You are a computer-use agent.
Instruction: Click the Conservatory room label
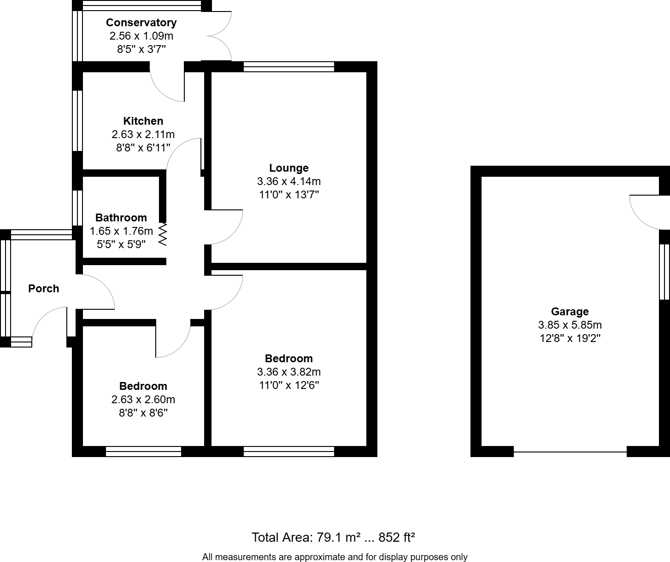point(141,23)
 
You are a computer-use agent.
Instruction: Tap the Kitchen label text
point(143,121)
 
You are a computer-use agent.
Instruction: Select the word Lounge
point(289,168)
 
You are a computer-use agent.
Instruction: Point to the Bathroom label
point(121,218)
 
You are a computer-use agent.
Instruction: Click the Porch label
point(44,289)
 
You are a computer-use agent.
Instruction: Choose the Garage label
point(570,312)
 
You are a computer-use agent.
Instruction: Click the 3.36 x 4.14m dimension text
point(289,181)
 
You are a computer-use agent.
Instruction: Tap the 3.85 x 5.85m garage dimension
point(570,325)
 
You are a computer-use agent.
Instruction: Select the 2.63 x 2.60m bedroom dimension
point(143,400)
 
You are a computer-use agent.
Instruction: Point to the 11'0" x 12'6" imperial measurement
point(289,385)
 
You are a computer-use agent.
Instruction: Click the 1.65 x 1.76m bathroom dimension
point(121,231)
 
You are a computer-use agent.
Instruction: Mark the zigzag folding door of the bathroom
point(162,234)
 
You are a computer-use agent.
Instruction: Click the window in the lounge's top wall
point(289,67)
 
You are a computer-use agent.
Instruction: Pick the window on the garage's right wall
point(664,272)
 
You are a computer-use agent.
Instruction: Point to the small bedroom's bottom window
point(143,452)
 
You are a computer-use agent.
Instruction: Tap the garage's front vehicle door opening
point(570,452)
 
